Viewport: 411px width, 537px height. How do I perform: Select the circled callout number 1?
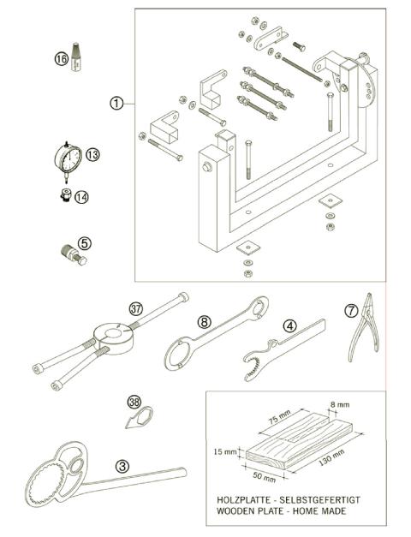click(x=117, y=103)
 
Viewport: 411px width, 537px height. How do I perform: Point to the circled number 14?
click(x=81, y=196)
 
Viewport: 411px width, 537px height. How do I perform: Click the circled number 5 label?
click(x=84, y=243)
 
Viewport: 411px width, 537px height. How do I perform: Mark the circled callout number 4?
click(x=290, y=325)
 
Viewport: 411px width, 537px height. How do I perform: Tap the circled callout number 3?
click(x=123, y=466)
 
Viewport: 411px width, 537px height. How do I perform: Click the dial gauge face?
click(x=68, y=158)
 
